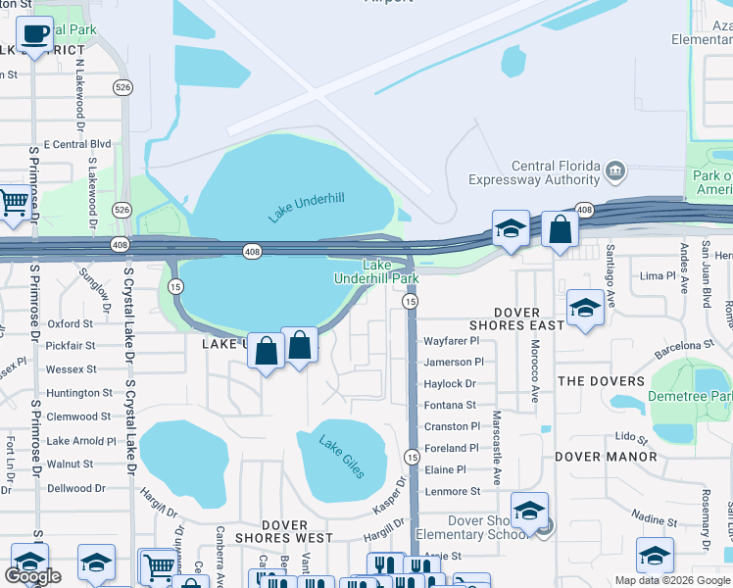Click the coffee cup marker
click(35, 35)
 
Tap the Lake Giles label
click(341, 457)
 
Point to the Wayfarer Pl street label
click(451, 341)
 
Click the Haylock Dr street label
click(450, 384)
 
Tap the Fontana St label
click(450, 405)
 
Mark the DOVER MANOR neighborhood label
click(606, 457)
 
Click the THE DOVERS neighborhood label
click(601, 381)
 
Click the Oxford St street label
click(70, 323)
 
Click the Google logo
click(32, 576)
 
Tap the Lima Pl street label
click(652, 276)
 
